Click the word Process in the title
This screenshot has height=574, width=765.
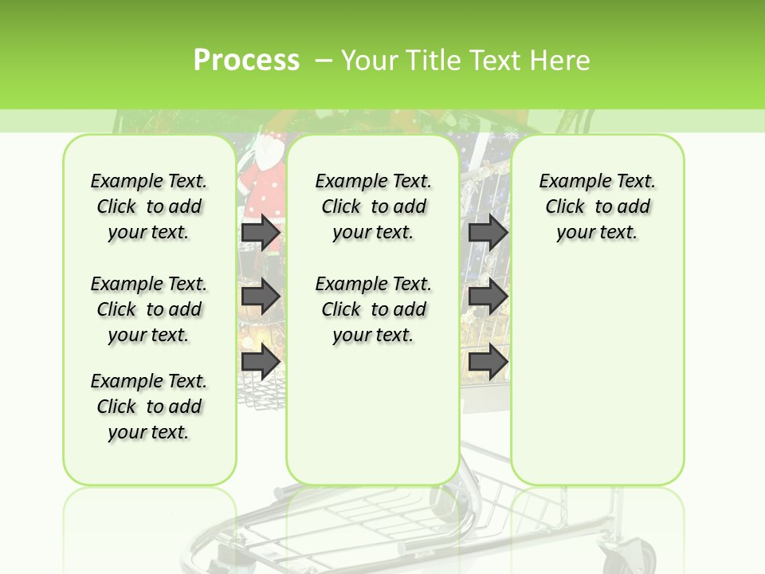click(x=246, y=61)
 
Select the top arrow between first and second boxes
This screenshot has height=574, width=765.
click(x=260, y=232)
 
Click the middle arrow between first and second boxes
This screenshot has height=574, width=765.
click(x=260, y=297)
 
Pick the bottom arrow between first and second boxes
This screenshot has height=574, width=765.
click(x=260, y=363)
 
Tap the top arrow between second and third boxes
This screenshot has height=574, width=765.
click(x=488, y=232)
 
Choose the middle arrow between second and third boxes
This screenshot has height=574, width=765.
click(x=488, y=297)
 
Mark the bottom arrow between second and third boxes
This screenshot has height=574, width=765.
click(x=488, y=363)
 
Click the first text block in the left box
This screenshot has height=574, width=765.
click(x=149, y=206)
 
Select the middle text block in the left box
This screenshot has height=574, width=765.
click(x=149, y=309)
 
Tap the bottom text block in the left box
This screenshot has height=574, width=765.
click(x=149, y=407)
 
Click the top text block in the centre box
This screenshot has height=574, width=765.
click(x=373, y=206)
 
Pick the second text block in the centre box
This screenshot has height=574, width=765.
click(x=373, y=309)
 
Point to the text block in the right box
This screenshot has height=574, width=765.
click(x=597, y=206)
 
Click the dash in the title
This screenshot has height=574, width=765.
click(x=324, y=61)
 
